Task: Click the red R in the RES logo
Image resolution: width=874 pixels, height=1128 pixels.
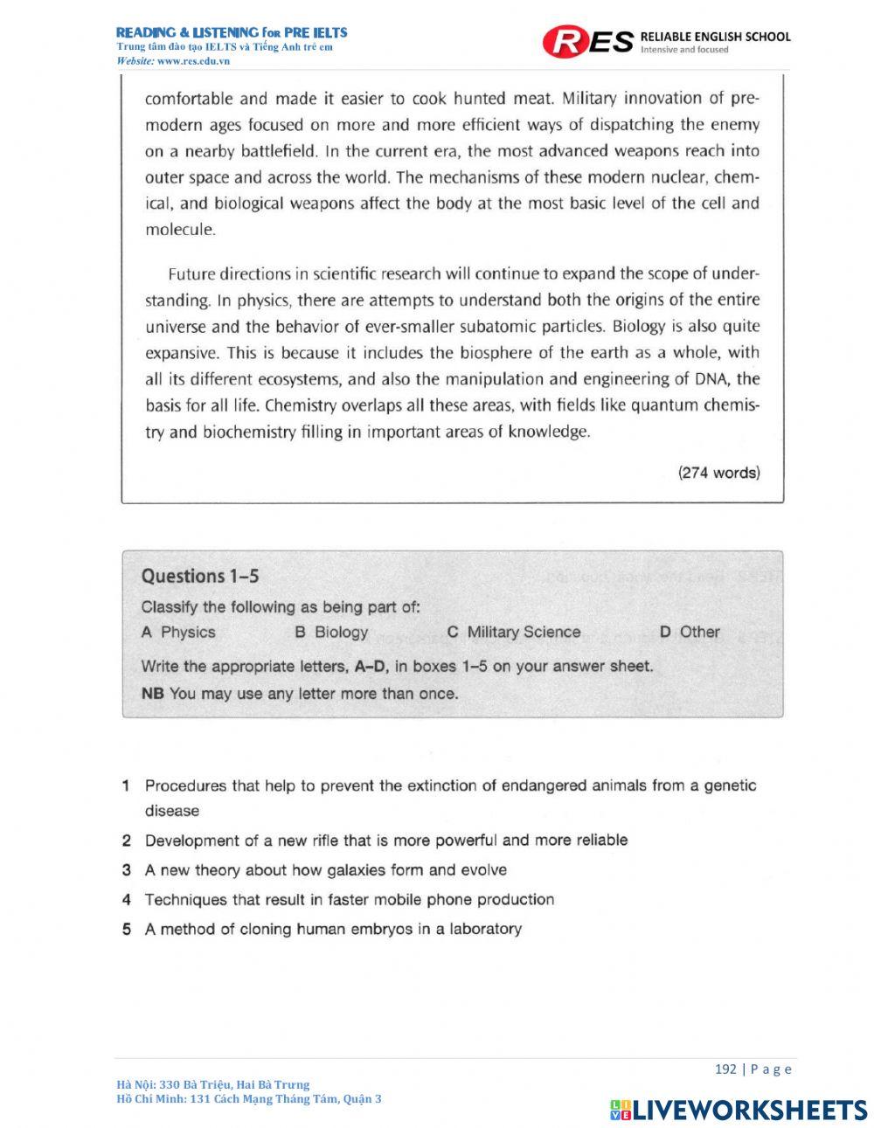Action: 565,41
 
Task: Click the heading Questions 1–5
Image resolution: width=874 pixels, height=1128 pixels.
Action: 200,576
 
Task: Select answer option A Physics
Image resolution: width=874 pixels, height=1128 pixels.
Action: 178,632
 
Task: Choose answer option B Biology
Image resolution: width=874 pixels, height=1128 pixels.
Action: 331,632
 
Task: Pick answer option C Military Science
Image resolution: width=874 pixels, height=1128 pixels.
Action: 513,632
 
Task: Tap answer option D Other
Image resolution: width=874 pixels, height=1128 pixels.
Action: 690,632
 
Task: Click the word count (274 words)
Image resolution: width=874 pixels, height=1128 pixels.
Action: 719,473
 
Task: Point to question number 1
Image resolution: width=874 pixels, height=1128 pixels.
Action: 127,785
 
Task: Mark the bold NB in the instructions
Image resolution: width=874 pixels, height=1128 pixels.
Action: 153,694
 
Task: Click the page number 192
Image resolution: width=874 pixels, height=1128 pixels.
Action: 725,1069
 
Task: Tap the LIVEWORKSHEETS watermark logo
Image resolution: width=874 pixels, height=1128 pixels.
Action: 739,1110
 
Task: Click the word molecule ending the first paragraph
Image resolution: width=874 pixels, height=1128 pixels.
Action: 179,231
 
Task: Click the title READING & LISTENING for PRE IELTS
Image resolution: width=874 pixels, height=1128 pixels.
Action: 232,32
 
